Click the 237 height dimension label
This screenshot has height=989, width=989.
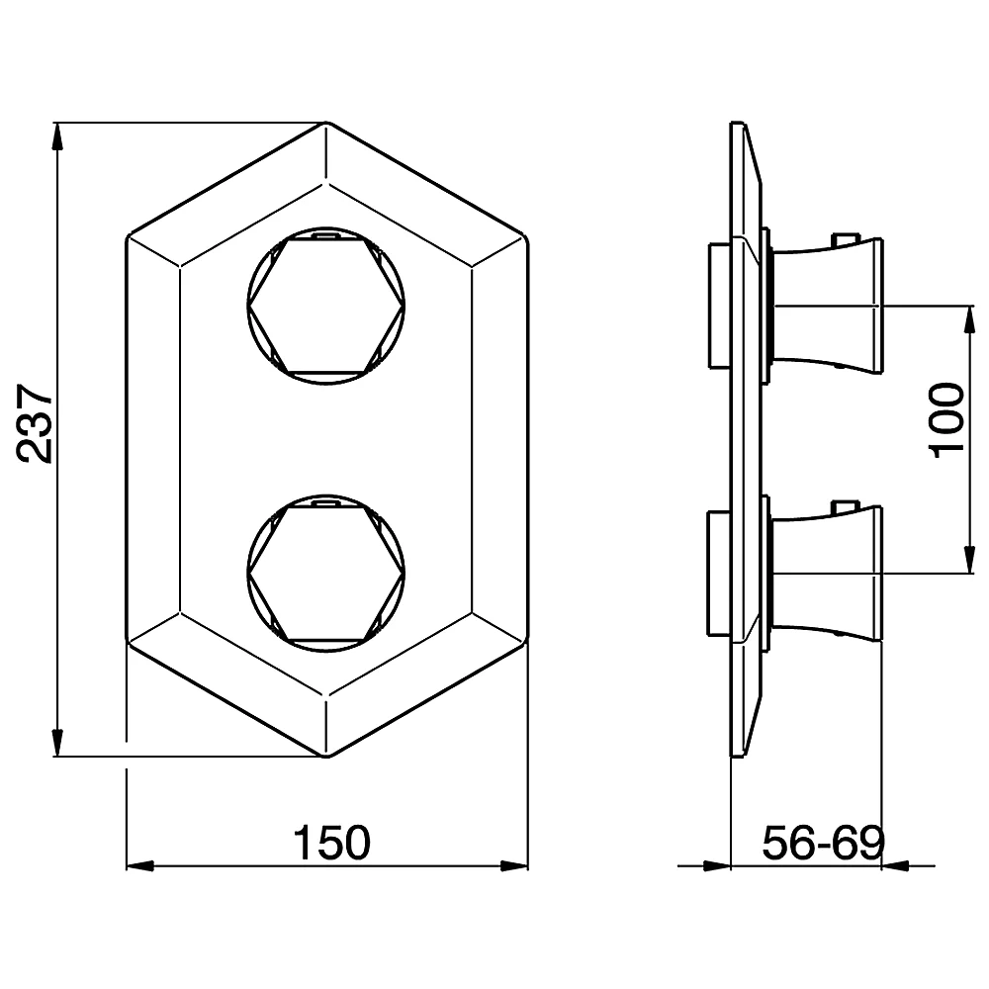[x=35, y=423]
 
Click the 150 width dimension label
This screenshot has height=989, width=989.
[x=332, y=843]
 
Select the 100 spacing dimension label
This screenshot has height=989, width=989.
[x=946, y=420]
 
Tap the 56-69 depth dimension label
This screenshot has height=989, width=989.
[x=824, y=843]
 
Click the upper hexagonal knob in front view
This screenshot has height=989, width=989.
[x=325, y=306]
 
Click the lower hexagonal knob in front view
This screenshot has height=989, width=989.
[x=325, y=573]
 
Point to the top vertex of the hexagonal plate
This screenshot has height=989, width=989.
[x=326, y=122]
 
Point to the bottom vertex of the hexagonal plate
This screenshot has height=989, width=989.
[x=326, y=757]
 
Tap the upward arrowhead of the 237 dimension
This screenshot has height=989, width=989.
[x=57, y=136]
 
